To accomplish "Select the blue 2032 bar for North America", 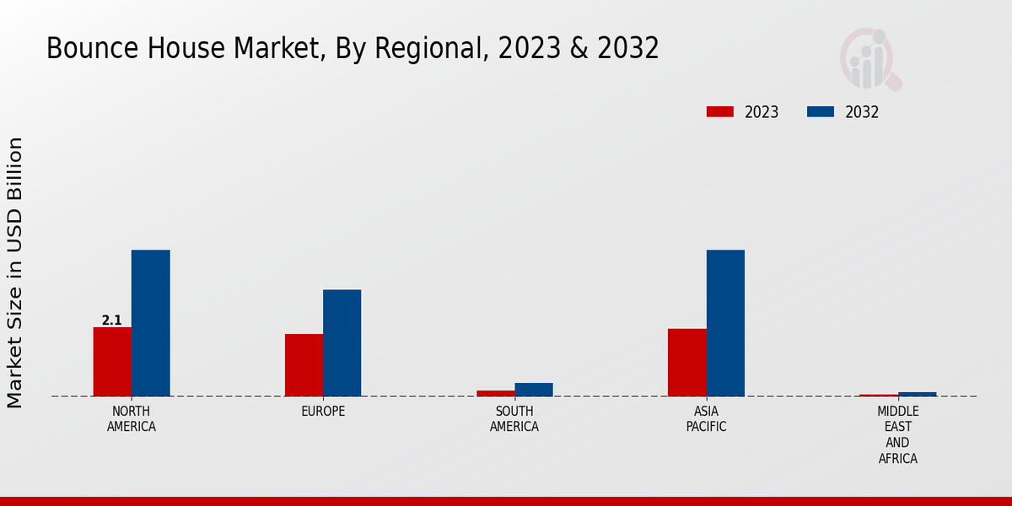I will (x=151, y=323).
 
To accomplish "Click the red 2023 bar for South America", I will (x=495, y=393).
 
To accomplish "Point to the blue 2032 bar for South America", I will (x=534, y=390).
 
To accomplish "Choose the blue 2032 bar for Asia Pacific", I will (x=725, y=323).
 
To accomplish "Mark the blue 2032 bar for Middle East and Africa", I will (x=918, y=394).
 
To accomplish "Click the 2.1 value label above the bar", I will (x=112, y=320).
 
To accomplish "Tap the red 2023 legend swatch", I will (x=720, y=111).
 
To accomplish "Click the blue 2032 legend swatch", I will (x=821, y=111).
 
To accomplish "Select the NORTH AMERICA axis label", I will (x=132, y=418).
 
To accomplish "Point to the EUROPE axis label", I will (x=323, y=412).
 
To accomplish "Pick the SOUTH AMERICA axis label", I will (x=514, y=418).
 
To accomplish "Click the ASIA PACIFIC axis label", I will (x=706, y=418).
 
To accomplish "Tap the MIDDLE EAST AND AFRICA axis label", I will (x=897, y=434).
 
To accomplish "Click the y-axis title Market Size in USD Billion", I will (x=15, y=272).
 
